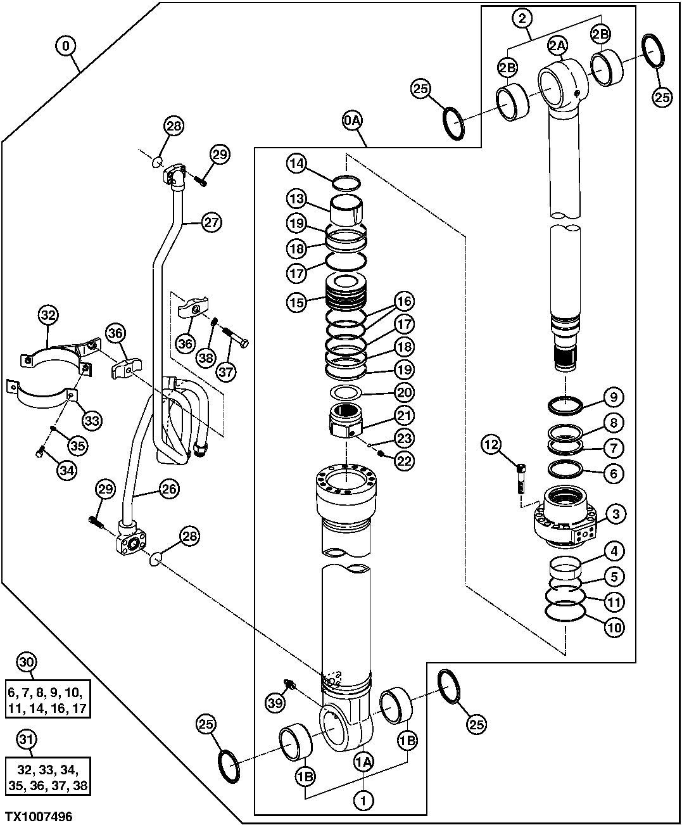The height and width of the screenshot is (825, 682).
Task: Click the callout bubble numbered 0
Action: point(66,46)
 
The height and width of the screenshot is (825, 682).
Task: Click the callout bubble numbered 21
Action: point(404,416)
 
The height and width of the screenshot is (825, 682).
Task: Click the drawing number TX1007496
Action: point(39,817)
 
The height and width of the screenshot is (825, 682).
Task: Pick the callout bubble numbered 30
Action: point(25,663)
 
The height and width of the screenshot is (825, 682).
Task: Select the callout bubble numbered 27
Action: point(211,222)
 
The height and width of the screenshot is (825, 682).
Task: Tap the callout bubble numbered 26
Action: point(168,489)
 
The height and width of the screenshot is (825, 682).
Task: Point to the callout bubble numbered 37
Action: point(226,371)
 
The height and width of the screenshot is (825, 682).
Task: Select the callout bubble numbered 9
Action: point(614,397)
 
